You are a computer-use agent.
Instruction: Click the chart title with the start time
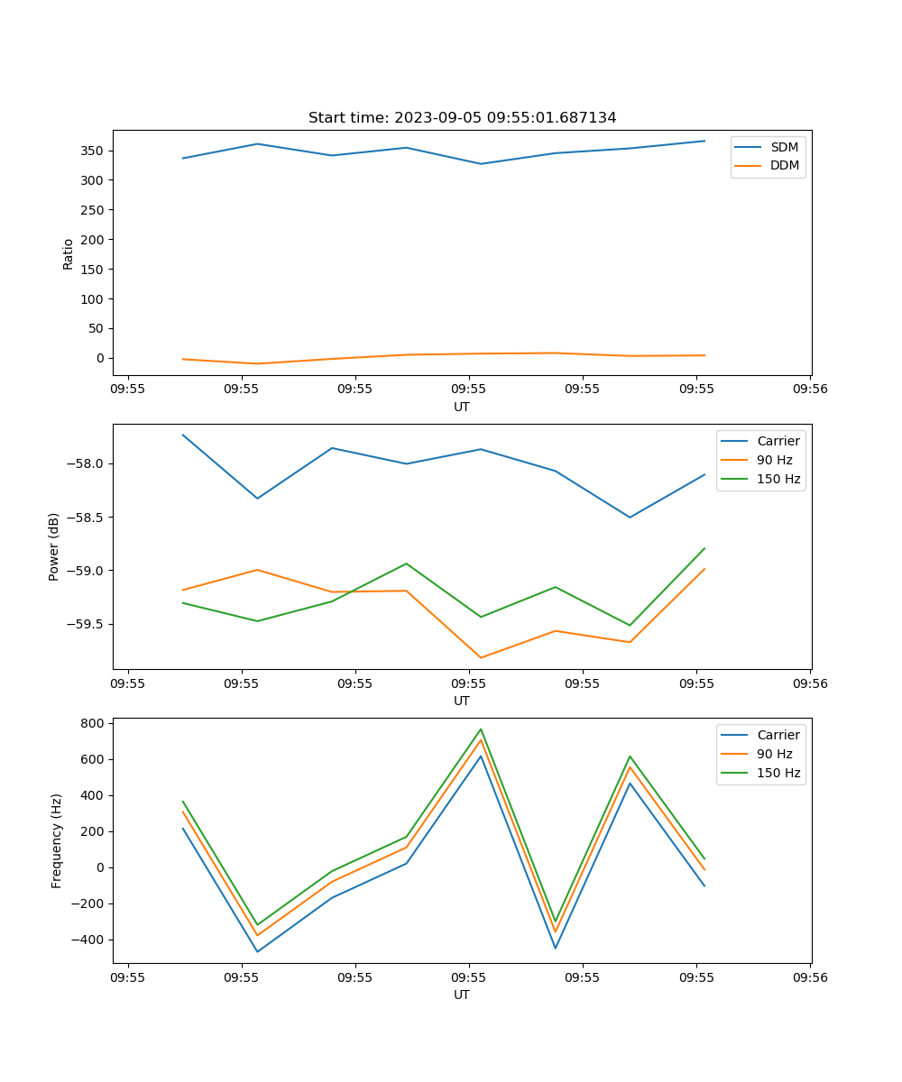click(x=462, y=118)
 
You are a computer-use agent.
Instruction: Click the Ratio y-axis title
click(x=69, y=253)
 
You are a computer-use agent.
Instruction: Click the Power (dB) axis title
click(x=54, y=546)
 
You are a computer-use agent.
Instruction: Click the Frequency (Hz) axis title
click(x=57, y=840)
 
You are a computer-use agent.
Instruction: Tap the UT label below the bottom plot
click(x=462, y=995)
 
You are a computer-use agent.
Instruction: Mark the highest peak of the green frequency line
click(x=481, y=729)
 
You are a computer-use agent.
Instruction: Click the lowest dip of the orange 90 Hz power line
click(x=481, y=657)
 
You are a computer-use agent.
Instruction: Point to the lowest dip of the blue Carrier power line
click(x=630, y=517)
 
